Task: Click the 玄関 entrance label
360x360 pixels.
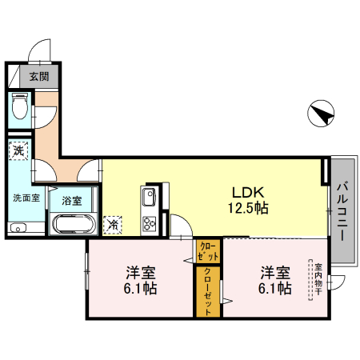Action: (38, 77)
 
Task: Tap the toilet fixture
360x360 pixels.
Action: (20, 106)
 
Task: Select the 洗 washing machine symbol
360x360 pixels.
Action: (18, 149)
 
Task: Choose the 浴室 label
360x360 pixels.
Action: (72, 200)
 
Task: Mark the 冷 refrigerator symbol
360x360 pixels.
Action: (113, 225)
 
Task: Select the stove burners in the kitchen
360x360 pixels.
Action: (149, 222)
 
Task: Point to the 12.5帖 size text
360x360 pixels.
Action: (249, 208)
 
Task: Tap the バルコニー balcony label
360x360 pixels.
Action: (342, 210)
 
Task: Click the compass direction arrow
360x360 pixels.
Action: (322, 115)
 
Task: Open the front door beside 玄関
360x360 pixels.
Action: (40, 52)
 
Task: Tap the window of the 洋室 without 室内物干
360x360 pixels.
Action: (86, 276)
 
